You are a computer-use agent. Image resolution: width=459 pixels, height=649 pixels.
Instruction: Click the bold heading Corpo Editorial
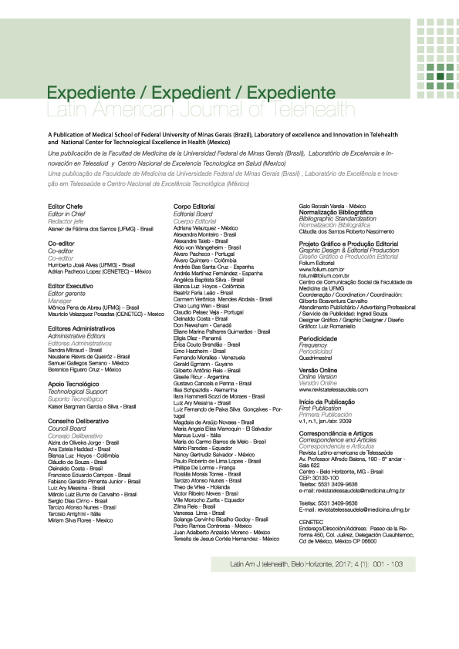coord(198,207)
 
